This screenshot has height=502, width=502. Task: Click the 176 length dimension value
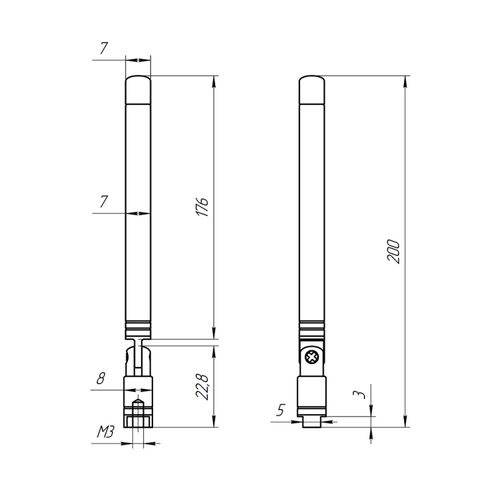pyautogui.click(x=202, y=207)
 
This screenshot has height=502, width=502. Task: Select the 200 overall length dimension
pyautogui.click(x=394, y=252)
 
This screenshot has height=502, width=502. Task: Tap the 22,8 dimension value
pyautogui.click(x=202, y=387)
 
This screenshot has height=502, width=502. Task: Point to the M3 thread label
pyautogui.click(x=105, y=432)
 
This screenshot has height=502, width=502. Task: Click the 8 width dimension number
pyautogui.click(x=100, y=378)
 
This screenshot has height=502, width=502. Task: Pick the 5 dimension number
pyautogui.click(x=280, y=410)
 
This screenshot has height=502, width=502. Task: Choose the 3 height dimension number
pyautogui.click(x=359, y=395)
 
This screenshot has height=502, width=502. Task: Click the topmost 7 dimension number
pyautogui.click(x=104, y=48)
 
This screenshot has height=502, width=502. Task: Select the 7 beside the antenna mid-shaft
pyautogui.click(x=104, y=201)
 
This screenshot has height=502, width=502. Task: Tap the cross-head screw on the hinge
pyautogui.click(x=311, y=357)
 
